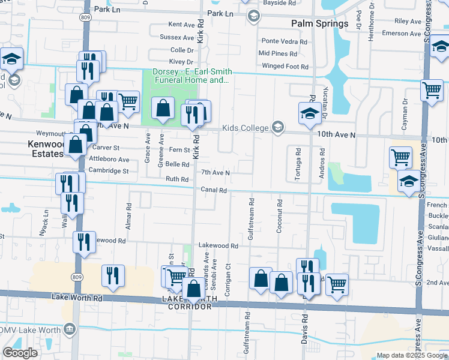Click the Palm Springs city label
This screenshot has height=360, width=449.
pyautogui.click(x=319, y=23)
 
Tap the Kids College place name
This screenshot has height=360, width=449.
pyautogui.click(x=246, y=127)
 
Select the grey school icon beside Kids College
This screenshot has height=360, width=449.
pyautogui.click(x=277, y=127)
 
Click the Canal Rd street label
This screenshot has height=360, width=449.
pyautogui.click(x=214, y=190)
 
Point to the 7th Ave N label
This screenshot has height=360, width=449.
pyautogui.click(x=215, y=173)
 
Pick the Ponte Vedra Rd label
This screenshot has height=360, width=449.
pyautogui.click(x=284, y=41)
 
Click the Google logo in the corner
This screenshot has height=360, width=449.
pyautogui.click(x=20, y=353)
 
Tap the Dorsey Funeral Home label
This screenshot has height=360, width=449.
pyautogui.click(x=191, y=76)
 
